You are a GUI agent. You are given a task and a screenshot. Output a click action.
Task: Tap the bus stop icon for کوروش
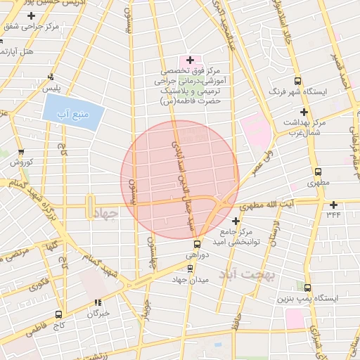click(x=20, y=151)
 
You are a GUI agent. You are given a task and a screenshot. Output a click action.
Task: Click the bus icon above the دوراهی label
click(x=196, y=245)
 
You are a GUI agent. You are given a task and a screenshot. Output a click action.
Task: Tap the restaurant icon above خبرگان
click(x=98, y=303)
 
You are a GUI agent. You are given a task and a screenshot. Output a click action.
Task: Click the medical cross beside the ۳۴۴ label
click(x=333, y=205)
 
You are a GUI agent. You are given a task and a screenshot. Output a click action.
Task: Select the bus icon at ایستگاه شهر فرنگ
click(x=298, y=81)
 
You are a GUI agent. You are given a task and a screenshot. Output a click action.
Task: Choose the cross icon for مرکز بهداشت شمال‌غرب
click(x=304, y=112)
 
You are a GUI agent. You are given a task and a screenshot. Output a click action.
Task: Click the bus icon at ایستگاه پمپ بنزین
click(x=307, y=287)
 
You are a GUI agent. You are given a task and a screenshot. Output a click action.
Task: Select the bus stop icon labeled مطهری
click(x=318, y=171)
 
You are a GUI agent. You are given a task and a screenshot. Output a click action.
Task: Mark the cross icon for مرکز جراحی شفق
click(x=31, y=15)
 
